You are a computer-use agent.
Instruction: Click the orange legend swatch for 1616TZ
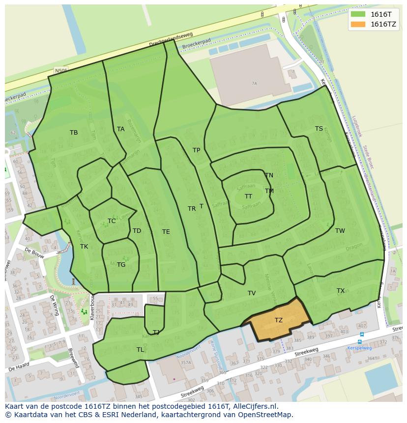(358, 24)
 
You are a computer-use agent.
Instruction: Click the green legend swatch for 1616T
(358, 14)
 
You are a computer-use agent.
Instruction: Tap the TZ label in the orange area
(279, 320)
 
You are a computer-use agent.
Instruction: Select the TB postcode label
(74, 133)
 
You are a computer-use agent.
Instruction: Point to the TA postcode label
(121, 129)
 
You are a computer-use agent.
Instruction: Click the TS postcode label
(319, 129)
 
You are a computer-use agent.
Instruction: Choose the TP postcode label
(197, 150)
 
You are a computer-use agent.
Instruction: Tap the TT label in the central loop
(249, 197)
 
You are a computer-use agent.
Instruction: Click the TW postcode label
(340, 231)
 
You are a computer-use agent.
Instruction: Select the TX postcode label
(341, 291)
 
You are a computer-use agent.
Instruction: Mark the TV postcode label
(252, 293)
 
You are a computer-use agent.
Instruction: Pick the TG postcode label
(121, 265)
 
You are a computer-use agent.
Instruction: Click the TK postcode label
(84, 247)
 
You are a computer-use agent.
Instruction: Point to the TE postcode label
(166, 232)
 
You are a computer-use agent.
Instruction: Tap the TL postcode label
(141, 350)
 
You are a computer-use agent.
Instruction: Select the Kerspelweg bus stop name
(359, 348)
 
